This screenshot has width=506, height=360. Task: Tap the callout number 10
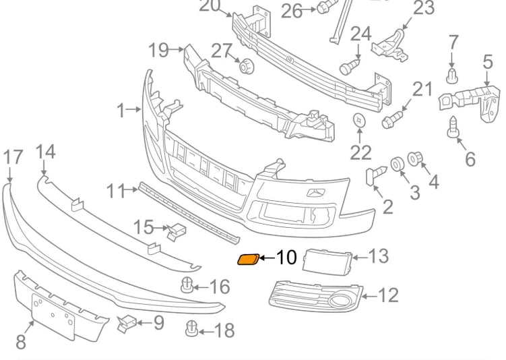(x=286, y=257)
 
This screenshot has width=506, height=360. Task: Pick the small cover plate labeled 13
(x=326, y=259)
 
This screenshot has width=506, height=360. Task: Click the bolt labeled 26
(x=324, y=9)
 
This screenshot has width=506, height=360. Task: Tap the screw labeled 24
(x=348, y=67)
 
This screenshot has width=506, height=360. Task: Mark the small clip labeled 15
(x=177, y=230)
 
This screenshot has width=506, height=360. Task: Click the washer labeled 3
(x=398, y=163)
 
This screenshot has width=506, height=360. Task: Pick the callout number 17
(x=13, y=158)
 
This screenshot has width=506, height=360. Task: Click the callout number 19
(x=158, y=50)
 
